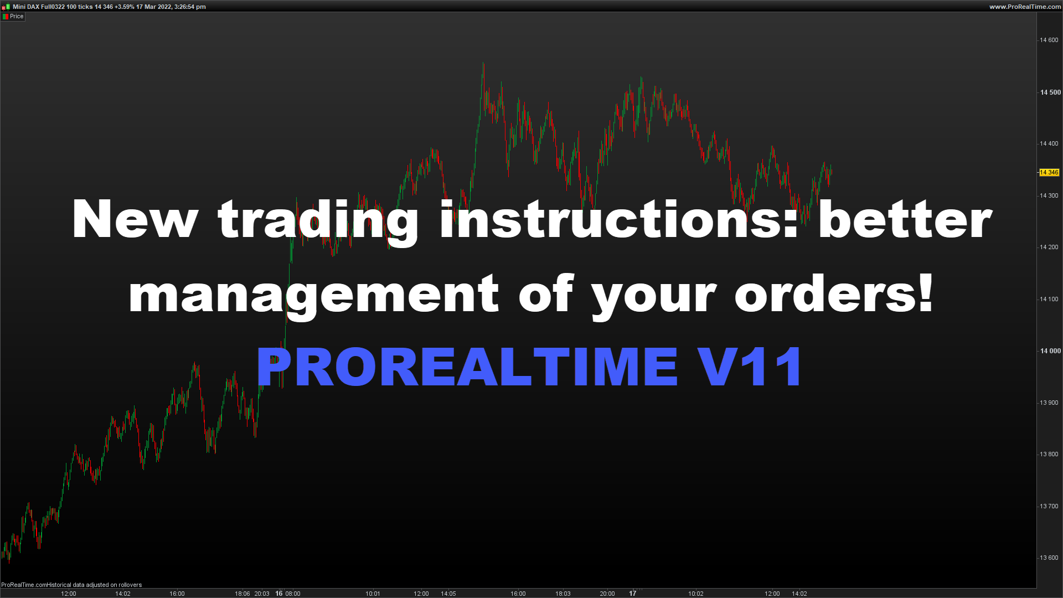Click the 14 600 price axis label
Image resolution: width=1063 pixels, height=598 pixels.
pyautogui.click(x=1049, y=40)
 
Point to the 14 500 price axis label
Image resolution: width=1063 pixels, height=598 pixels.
pyautogui.click(x=1050, y=92)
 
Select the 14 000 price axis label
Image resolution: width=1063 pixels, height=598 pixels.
pyautogui.click(x=1050, y=351)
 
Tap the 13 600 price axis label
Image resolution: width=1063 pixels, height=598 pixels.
pyautogui.click(x=1049, y=558)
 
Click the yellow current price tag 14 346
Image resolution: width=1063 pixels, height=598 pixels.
pyautogui.click(x=1049, y=173)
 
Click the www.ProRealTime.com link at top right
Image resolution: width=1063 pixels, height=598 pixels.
pyautogui.click(x=1025, y=7)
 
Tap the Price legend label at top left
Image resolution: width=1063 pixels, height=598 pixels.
pyautogui.click(x=17, y=17)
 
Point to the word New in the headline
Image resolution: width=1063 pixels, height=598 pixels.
pyautogui.click(x=135, y=219)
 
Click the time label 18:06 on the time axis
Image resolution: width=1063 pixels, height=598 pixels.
pyautogui.click(x=242, y=594)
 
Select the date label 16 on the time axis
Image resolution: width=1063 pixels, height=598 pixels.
pyautogui.click(x=279, y=594)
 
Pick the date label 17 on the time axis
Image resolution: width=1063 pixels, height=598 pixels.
pyautogui.click(x=633, y=594)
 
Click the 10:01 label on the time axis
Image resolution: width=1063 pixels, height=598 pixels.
pyautogui.click(x=373, y=594)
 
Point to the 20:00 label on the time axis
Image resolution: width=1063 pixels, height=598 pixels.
pyautogui.click(x=607, y=594)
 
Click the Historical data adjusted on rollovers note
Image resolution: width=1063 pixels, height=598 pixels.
pyautogui.click(x=94, y=585)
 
